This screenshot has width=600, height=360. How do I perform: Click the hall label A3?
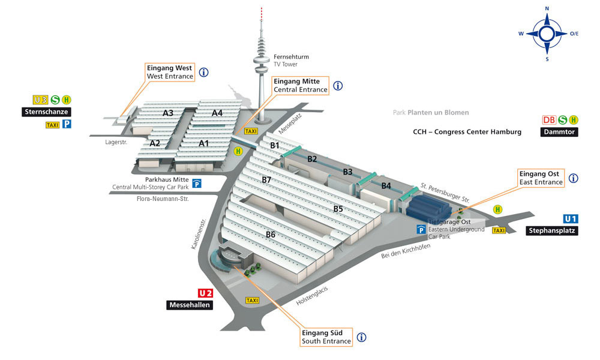[x=168, y=113]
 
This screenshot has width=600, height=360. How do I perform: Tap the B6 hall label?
[x=271, y=235]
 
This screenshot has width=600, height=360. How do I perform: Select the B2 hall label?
[x=312, y=159]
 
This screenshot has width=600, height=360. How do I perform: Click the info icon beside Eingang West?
[x=203, y=72]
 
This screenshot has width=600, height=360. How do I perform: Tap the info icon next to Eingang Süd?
[x=361, y=337]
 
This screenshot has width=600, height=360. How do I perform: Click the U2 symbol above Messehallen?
[x=205, y=293]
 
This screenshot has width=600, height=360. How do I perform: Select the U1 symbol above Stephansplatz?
[x=571, y=219]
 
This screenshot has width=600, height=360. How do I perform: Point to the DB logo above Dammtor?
[x=549, y=120]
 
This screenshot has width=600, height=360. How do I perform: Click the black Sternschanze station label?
[x=46, y=112]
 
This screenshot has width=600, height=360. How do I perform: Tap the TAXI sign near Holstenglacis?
[x=252, y=301]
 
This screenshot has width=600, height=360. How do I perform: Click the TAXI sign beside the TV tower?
[x=251, y=131]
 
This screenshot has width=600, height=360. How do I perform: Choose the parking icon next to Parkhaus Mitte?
[x=197, y=183]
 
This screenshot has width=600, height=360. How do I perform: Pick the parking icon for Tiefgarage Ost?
[x=421, y=229]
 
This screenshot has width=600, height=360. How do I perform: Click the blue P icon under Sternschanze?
[x=67, y=124]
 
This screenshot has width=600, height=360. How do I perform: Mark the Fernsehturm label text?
[x=291, y=56]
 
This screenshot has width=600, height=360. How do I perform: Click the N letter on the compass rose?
[x=547, y=8]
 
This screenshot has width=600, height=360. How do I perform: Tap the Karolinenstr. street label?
[x=199, y=234]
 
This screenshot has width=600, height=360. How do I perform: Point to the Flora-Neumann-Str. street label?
[x=163, y=199]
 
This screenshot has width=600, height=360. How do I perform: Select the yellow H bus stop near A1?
[x=238, y=151]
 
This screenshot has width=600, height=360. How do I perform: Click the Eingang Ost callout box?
[x=541, y=178]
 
